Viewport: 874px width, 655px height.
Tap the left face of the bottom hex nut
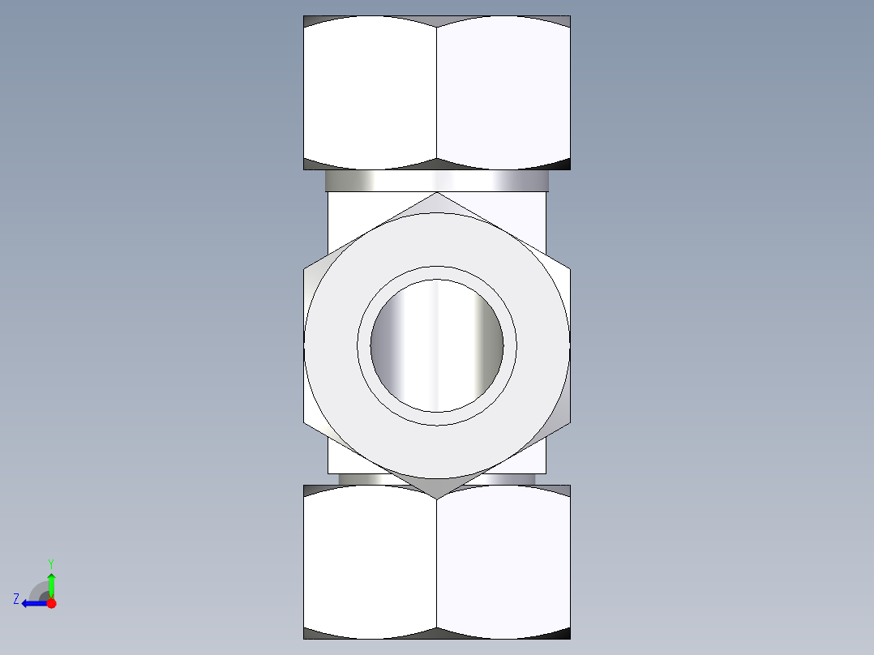(370, 563)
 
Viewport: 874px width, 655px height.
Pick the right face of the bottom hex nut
(503, 563)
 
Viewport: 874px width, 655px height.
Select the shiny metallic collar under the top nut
(437, 181)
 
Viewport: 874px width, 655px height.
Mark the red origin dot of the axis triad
(51, 603)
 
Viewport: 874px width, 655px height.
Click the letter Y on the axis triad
(50, 563)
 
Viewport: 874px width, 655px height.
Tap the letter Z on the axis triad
(16, 599)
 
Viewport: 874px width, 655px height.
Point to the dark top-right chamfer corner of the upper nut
(563, 20)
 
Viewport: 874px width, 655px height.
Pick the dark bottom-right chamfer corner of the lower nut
(563, 634)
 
